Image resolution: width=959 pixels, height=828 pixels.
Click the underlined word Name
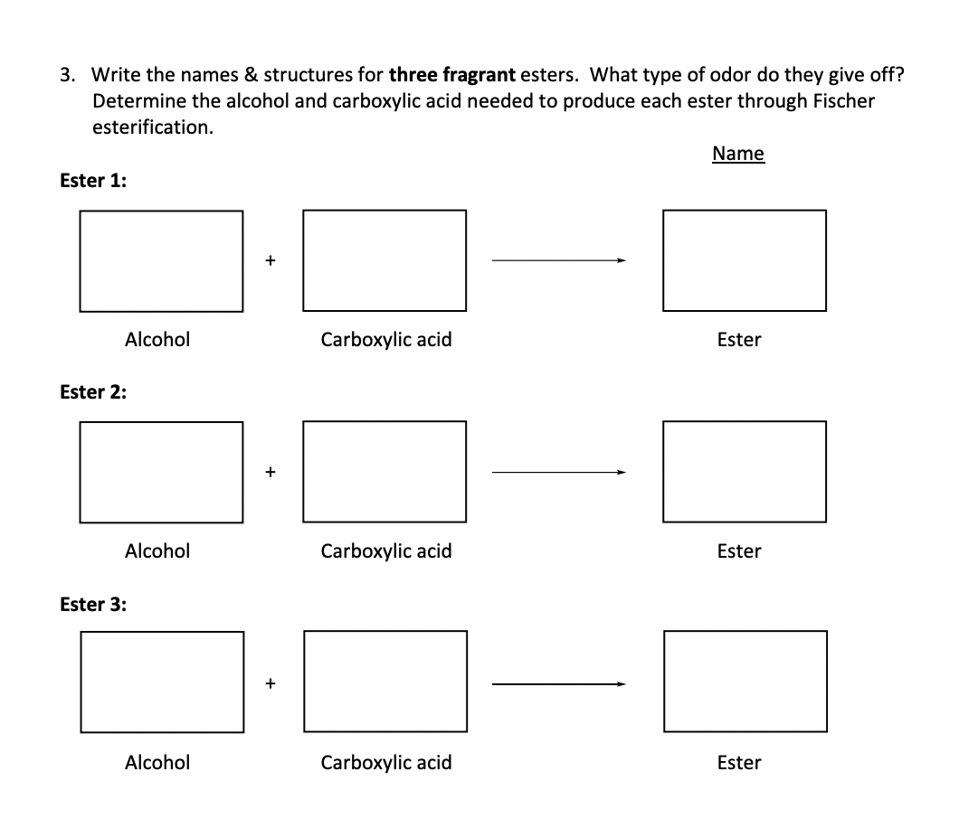click(x=737, y=154)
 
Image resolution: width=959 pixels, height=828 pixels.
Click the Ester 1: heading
click(x=93, y=180)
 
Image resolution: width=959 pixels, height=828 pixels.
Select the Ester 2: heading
click(x=93, y=391)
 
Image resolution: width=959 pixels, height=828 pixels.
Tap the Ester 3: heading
click(x=93, y=604)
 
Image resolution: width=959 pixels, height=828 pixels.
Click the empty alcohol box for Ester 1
click(x=161, y=260)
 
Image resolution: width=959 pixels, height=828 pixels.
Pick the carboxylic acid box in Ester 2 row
click(x=385, y=472)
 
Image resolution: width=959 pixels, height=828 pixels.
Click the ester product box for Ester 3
click(x=744, y=682)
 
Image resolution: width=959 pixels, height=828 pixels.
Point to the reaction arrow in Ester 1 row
click(x=557, y=261)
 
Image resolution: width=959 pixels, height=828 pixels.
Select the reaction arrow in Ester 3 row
click(x=557, y=684)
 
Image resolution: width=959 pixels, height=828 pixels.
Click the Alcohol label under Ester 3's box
click(x=157, y=762)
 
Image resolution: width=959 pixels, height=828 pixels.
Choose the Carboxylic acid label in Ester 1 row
click(x=386, y=340)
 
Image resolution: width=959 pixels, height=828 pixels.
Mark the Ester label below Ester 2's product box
click(x=739, y=551)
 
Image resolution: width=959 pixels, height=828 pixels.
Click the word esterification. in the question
click(x=154, y=127)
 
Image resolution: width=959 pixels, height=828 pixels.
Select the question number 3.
click(x=68, y=74)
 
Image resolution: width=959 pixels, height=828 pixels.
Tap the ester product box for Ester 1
click(x=744, y=260)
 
